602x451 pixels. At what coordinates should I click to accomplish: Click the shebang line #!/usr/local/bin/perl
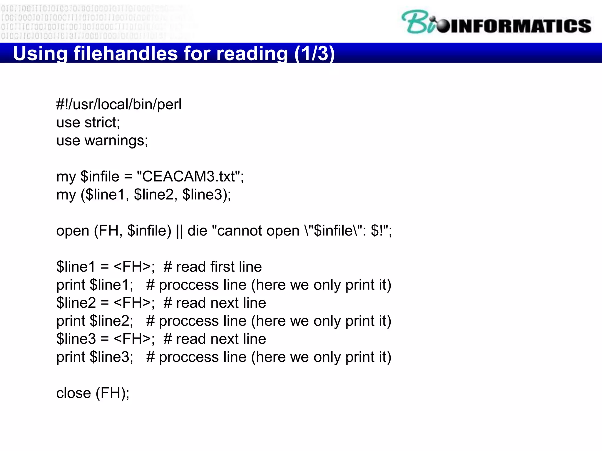[119, 105]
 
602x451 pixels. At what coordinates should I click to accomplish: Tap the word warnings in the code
[116, 141]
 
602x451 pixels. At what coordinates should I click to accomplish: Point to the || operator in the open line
[179, 231]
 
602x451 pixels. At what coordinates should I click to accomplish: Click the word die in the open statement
[197, 231]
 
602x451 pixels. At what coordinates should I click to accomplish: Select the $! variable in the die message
[377, 231]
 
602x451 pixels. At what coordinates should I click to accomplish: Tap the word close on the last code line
[73, 393]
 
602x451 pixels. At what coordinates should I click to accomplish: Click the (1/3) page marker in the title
[314, 53]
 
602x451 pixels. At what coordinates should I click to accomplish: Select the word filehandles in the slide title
[126, 53]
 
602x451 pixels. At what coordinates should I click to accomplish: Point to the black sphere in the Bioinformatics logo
[443, 26]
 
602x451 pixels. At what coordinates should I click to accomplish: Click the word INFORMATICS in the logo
[520, 26]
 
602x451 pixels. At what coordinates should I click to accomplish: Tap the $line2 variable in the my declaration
[154, 195]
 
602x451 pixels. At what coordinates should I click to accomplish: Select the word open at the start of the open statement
[73, 231]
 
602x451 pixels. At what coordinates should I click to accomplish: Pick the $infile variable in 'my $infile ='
[100, 177]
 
